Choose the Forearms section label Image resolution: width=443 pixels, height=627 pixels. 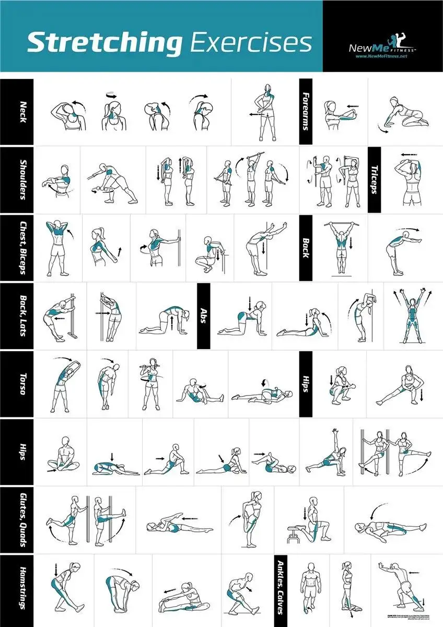(x=306, y=111)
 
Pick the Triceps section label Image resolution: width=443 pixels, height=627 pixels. (x=374, y=180)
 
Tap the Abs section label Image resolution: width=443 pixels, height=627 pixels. (x=204, y=316)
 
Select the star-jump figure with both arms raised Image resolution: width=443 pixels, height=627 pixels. (x=413, y=316)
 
